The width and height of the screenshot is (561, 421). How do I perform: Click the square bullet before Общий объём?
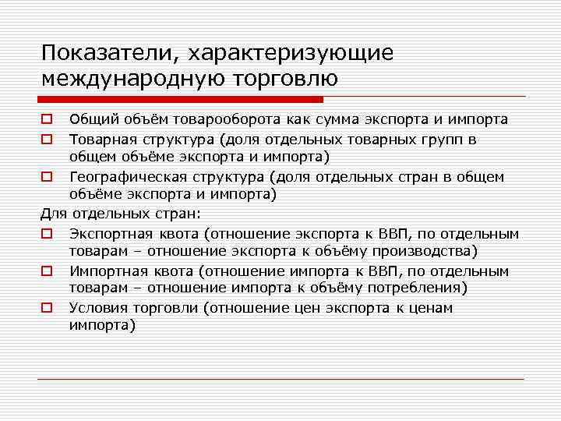point(47,120)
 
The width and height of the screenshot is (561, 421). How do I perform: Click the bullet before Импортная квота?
point(47,271)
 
